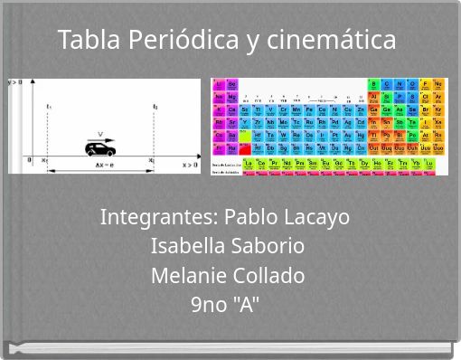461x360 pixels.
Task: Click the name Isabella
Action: click(x=186, y=246)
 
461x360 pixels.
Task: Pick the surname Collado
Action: click(x=268, y=275)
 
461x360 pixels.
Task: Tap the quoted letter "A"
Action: click(x=246, y=304)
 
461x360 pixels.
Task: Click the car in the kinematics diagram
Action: click(x=97, y=148)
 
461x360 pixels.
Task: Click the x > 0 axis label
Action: click(x=190, y=165)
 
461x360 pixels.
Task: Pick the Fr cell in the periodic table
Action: click(x=219, y=148)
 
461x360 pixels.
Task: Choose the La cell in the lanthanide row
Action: click(x=249, y=164)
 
